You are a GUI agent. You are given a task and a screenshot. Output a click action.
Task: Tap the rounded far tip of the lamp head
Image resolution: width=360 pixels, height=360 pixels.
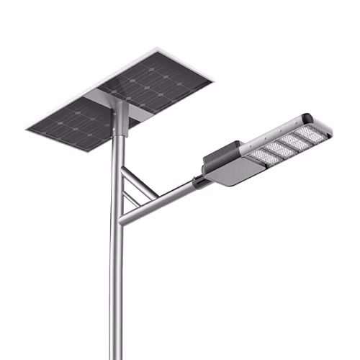328,128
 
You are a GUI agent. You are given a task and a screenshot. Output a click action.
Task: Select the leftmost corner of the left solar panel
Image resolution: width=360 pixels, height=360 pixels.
28,129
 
